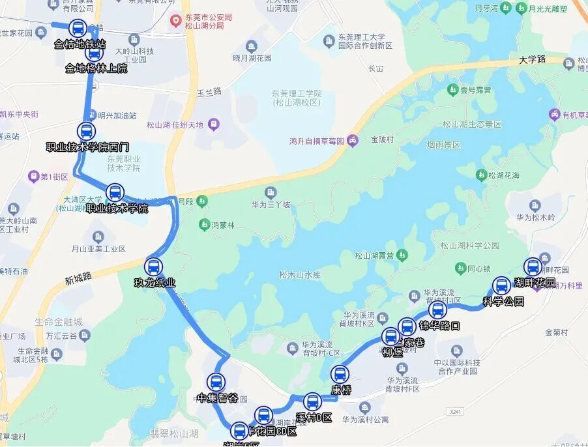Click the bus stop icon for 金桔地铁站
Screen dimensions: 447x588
[x=78, y=29]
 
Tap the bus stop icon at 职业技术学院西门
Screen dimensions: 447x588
[x=87, y=131]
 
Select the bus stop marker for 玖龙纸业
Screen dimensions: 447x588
[x=154, y=267]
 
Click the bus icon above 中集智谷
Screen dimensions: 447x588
[x=216, y=382]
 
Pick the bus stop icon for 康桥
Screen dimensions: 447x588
[x=340, y=375]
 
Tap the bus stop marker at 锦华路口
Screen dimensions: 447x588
[x=438, y=310]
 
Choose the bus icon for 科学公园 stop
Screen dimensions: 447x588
[x=501, y=285]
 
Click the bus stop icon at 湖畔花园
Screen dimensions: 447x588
[x=533, y=267]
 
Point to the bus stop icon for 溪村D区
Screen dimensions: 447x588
[x=313, y=402]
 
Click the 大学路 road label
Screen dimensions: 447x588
[x=532, y=59]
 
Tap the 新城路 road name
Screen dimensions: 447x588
[x=78, y=279]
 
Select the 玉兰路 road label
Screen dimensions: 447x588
[x=209, y=91]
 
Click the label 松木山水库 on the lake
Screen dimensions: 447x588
[x=300, y=274]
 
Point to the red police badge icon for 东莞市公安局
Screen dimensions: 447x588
[x=175, y=21]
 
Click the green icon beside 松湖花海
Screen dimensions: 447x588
[x=481, y=175]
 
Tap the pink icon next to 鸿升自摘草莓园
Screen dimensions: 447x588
[x=352, y=140]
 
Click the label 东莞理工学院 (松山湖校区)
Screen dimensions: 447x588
[x=297, y=98]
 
